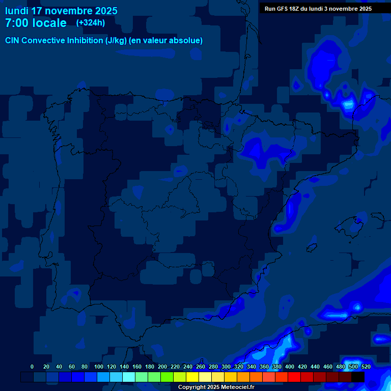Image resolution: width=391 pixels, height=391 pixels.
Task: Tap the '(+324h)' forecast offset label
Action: [x=91, y=22]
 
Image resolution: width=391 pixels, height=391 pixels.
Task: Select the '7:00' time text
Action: [x=15, y=23]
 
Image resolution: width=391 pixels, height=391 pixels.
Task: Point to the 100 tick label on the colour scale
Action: [x=99, y=367]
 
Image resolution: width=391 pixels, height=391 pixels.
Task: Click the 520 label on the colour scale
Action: [x=366, y=367]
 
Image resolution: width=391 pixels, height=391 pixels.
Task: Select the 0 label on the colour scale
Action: [x=32, y=367]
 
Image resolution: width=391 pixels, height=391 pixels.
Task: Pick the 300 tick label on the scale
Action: [x=226, y=367]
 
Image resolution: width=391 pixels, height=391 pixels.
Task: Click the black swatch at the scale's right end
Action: [x=358, y=377]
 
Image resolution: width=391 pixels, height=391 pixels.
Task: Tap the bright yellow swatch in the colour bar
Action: [x=192, y=377]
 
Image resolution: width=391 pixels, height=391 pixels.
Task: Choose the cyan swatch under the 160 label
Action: [x=129, y=377]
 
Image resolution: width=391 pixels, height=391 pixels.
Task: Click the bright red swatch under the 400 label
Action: [x=294, y=377]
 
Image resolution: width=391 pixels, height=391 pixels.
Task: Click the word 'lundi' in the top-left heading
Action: [x=17, y=11]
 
